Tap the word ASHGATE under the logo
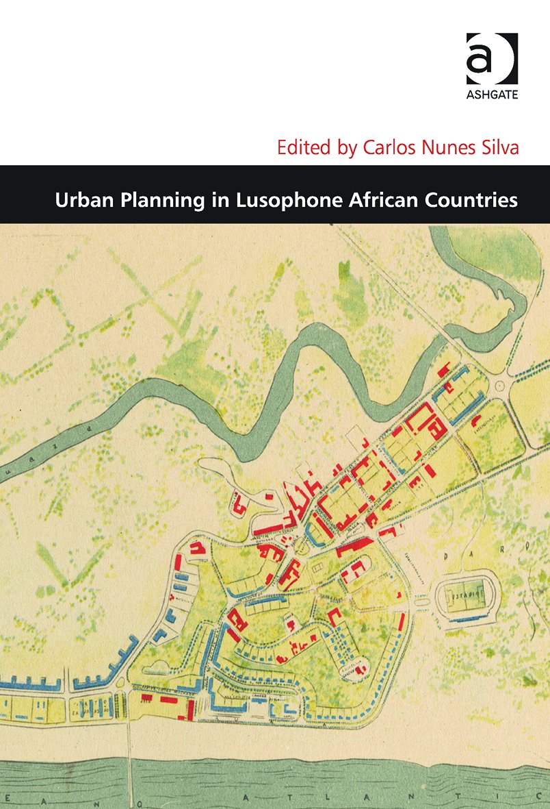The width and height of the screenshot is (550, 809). (491, 94)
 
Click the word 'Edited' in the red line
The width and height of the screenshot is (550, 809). (298, 147)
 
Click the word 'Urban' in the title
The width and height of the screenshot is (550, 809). (79, 201)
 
